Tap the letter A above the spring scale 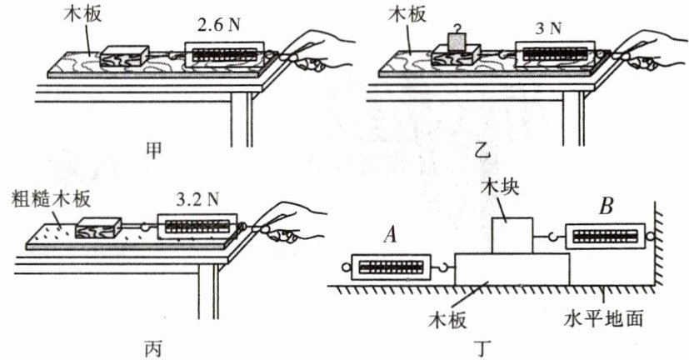point(387,237)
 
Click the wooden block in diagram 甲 point(124,56)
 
